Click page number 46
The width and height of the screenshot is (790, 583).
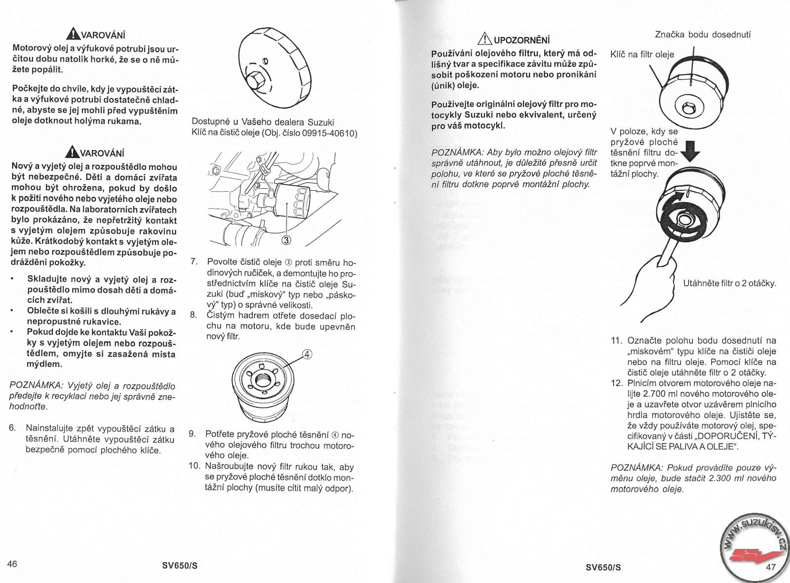(x=12, y=564)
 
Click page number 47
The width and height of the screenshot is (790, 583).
(x=771, y=567)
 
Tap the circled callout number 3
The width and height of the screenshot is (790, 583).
(x=286, y=241)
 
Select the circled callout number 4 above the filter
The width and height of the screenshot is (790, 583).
(x=307, y=354)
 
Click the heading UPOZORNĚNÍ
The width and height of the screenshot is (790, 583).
(x=521, y=40)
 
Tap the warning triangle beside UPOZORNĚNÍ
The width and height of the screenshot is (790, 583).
(x=484, y=39)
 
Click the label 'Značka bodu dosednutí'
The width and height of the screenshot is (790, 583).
(x=703, y=35)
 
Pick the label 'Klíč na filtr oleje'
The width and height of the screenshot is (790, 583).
(x=642, y=54)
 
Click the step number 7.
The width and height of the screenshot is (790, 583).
(x=194, y=262)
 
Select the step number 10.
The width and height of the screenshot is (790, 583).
(x=194, y=466)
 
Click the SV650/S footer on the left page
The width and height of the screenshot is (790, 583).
(x=180, y=566)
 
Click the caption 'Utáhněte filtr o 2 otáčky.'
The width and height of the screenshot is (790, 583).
(x=729, y=284)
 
